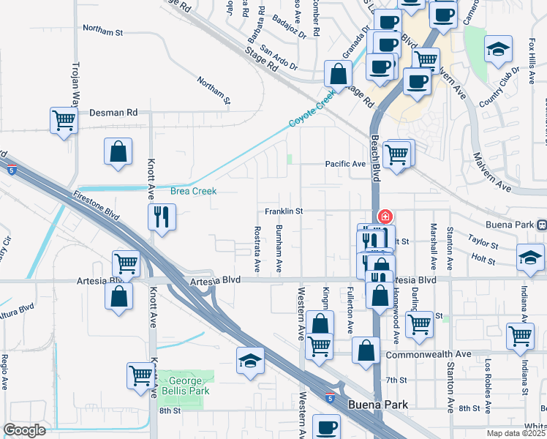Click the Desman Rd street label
pyautogui.click(x=113, y=113)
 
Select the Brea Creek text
pyautogui.click(x=194, y=191)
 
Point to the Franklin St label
pyautogui.click(x=284, y=211)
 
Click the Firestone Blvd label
pyautogui.click(x=97, y=206)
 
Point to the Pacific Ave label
pyautogui.click(x=345, y=164)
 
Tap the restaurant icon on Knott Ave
pyautogui.click(x=162, y=217)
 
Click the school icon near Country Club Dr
pyautogui.click(x=499, y=50)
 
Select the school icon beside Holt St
pyautogui.click(x=530, y=258)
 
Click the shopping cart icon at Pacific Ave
pyautogui.click(x=397, y=154)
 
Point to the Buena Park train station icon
pyautogui.click(x=541, y=225)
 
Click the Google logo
pyautogui.click(x=24, y=429)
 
